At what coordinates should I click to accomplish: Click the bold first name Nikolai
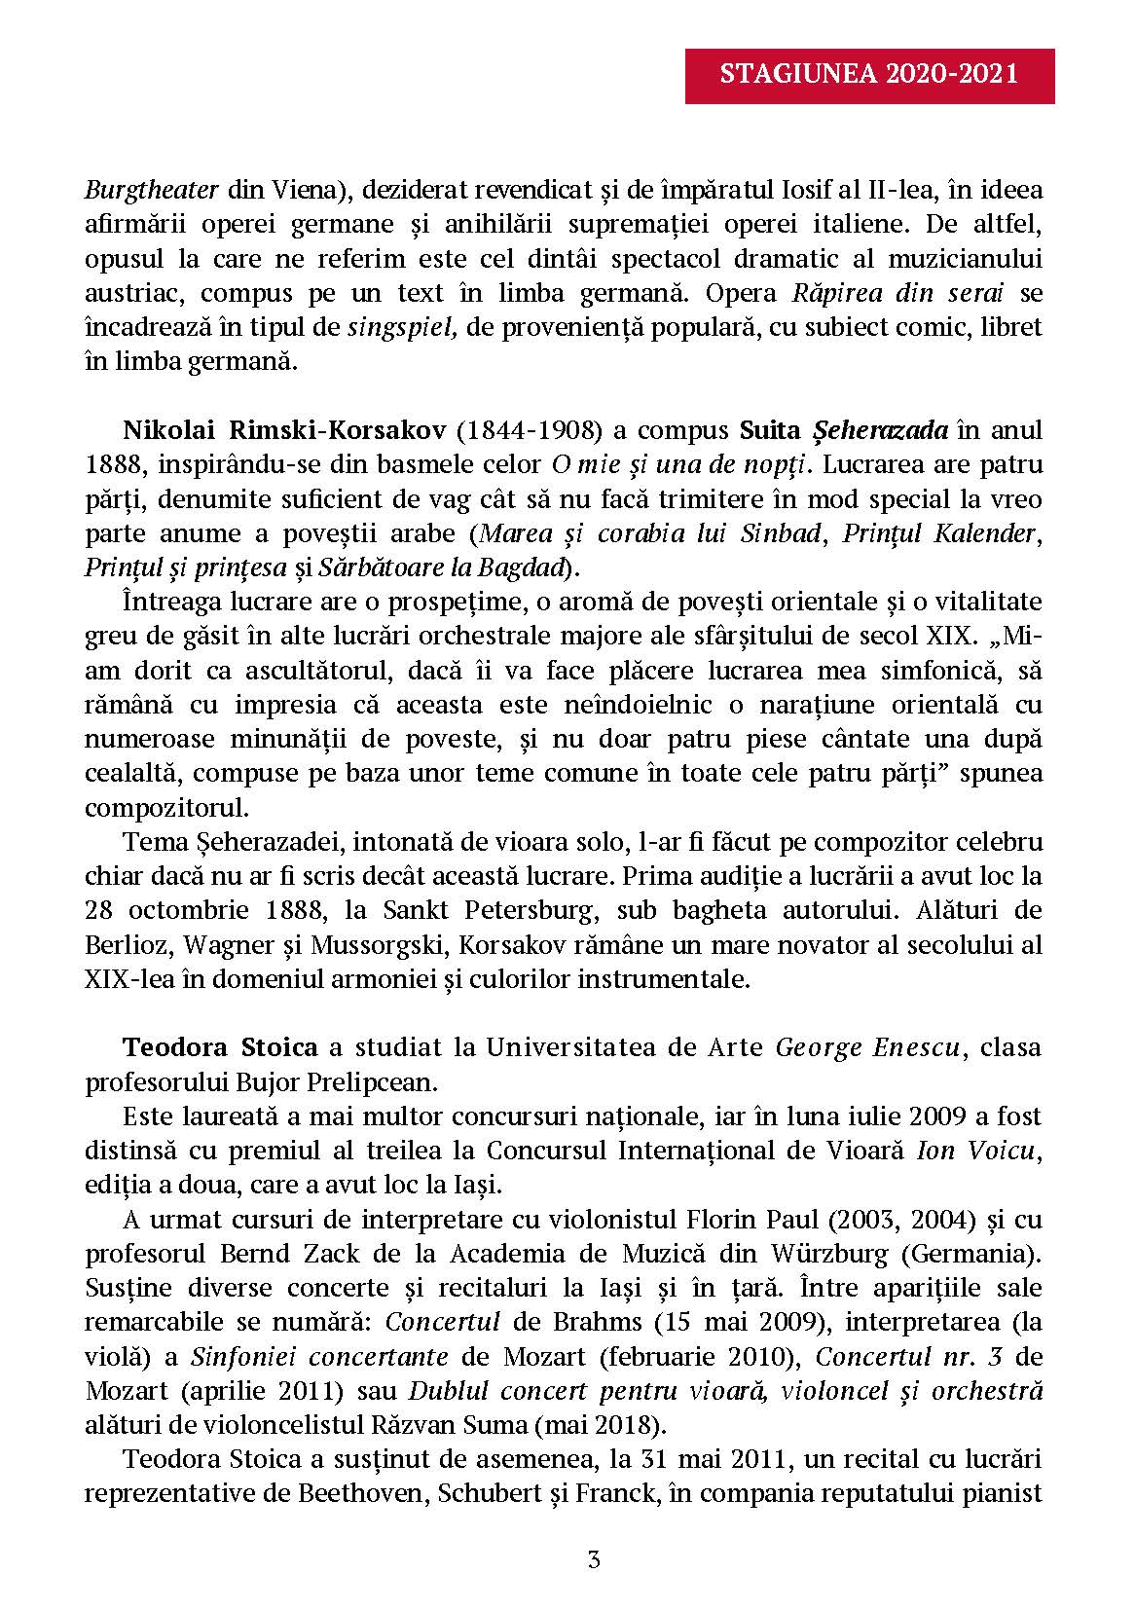[x=162, y=430]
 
